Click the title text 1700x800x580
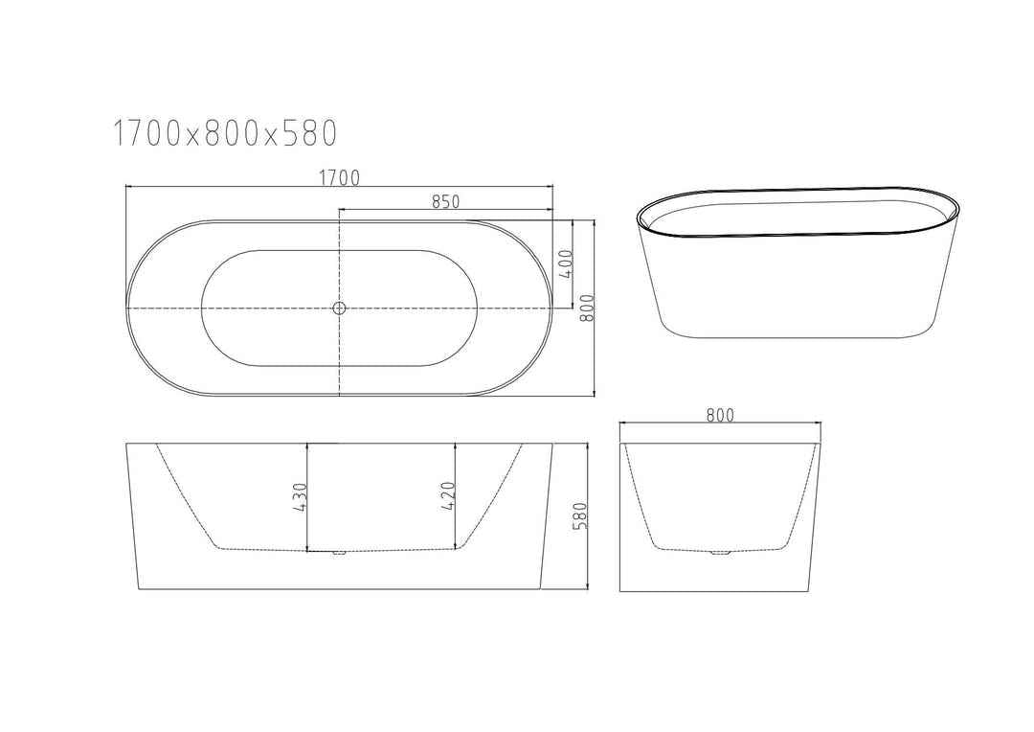225,133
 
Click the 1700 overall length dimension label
340,176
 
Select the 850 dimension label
446,200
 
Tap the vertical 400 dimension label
565,263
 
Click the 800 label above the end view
719,414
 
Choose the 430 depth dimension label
299,498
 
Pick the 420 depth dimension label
447,498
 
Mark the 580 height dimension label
579,516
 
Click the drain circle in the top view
339,308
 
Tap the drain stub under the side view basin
338,554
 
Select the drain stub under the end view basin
719,553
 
